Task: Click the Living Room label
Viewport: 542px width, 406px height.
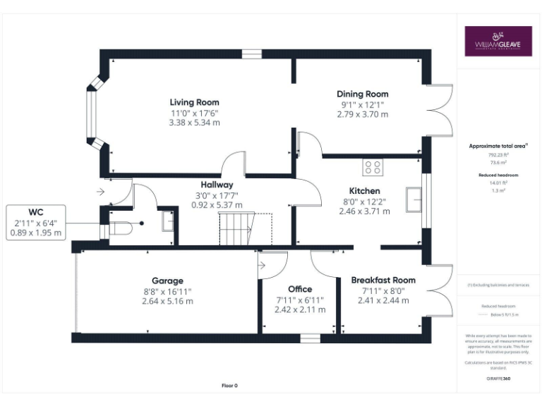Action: click(194, 102)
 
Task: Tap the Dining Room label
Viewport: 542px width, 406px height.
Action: click(362, 94)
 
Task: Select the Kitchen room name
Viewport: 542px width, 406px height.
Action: click(364, 191)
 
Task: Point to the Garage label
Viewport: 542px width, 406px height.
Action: click(167, 281)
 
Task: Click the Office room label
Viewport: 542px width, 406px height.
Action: click(300, 289)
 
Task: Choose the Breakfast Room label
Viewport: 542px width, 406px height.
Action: click(383, 281)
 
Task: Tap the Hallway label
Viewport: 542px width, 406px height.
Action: click(217, 184)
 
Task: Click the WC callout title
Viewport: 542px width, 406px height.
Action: click(36, 211)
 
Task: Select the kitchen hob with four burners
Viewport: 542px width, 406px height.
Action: click(373, 168)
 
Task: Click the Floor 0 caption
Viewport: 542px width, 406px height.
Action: click(230, 386)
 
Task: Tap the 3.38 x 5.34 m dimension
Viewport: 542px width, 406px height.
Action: click(194, 123)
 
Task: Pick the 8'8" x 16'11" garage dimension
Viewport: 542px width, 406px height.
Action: click(167, 291)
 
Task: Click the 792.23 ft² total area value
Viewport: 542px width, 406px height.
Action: click(499, 154)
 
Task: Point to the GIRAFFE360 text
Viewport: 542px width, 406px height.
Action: click(499, 379)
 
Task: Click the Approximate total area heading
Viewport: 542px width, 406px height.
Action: click(499, 146)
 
